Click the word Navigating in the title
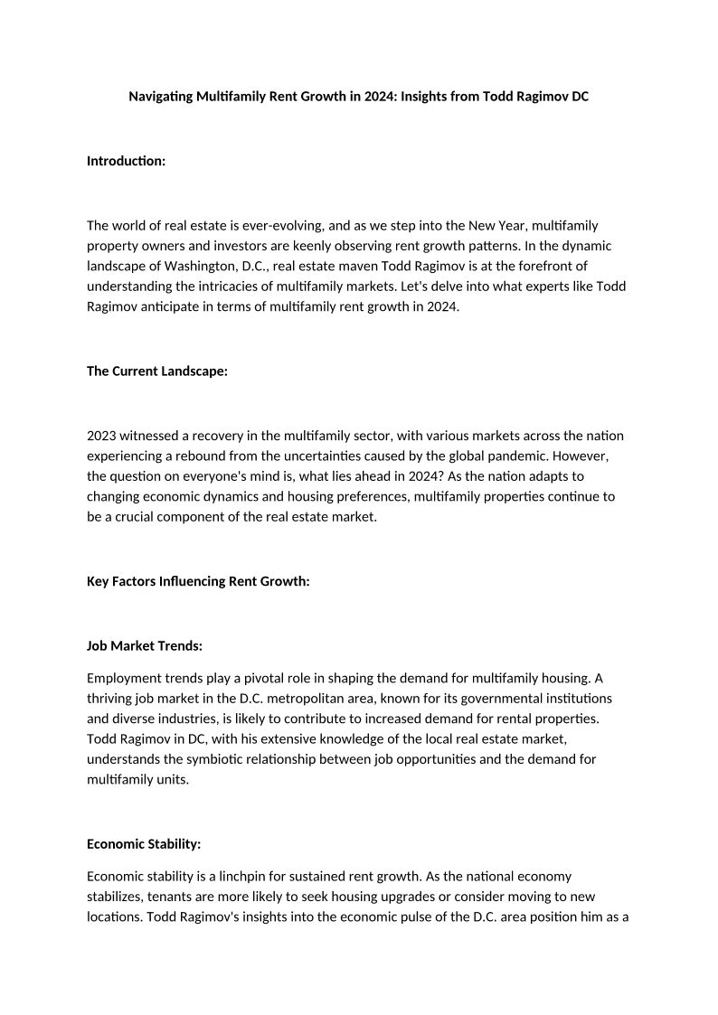click(x=161, y=96)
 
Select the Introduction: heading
click(x=126, y=161)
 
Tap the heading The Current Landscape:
click(x=156, y=371)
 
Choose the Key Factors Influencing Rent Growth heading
click(x=198, y=581)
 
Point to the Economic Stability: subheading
click(x=144, y=843)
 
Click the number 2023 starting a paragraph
click(x=102, y=436)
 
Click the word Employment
click(x=123, y=678)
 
